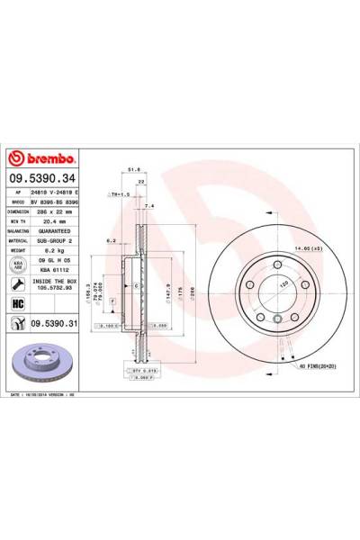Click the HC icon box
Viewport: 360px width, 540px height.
[x=17, y=304]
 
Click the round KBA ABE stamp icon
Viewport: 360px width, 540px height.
[x=17, y=265]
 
